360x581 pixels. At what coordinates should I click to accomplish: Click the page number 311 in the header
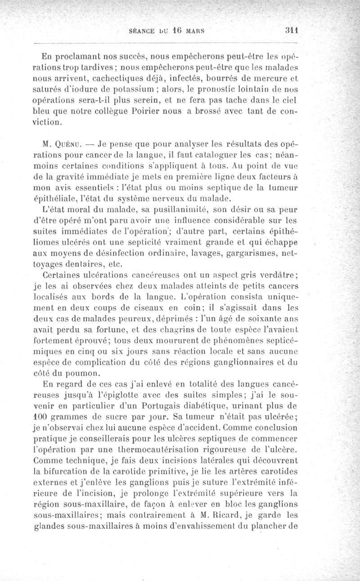coord(293,31)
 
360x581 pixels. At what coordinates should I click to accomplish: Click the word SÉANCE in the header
coord(143,32)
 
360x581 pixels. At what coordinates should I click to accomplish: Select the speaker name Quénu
coord(70,146)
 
